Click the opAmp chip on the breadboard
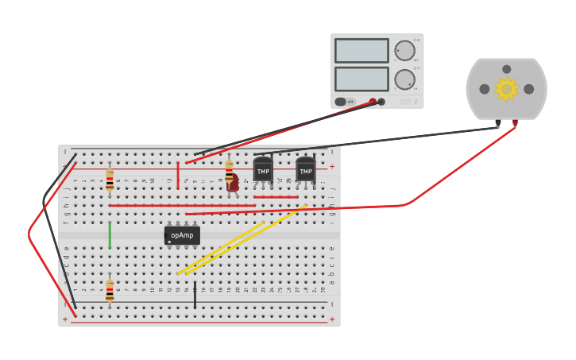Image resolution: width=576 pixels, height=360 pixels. tap(182, 235)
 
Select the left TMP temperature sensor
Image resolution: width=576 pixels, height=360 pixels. tap(263, 169)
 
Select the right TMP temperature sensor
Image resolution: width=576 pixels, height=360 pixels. tap(305, 169)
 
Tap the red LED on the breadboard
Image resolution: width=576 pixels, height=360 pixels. tap(234, 184)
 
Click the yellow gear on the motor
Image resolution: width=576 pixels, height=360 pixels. tap(506, 89)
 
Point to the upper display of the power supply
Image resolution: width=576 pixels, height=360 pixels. tap(361, 51)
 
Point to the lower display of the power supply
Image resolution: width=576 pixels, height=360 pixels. tap(361, 79)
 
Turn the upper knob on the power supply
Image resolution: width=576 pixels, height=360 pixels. tap(404, 51)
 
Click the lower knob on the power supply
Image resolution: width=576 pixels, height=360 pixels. tap(404, 79)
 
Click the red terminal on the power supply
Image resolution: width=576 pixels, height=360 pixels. tap(373, 102)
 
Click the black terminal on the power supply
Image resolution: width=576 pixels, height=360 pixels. tap(381, 102)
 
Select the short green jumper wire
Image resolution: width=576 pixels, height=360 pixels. tap(110, 235)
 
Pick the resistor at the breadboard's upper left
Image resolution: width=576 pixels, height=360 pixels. tap(110, 180)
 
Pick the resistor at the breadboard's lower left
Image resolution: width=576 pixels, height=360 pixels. tap(110, 290)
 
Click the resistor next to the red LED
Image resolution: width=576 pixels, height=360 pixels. tap(229, 172)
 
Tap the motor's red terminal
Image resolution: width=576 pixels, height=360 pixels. tap(515, 123)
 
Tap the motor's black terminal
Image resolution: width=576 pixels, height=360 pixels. tap(498, 123)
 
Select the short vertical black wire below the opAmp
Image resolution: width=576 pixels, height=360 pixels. tap(195, 294)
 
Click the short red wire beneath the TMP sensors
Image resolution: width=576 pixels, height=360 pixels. tap(276, 197)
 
